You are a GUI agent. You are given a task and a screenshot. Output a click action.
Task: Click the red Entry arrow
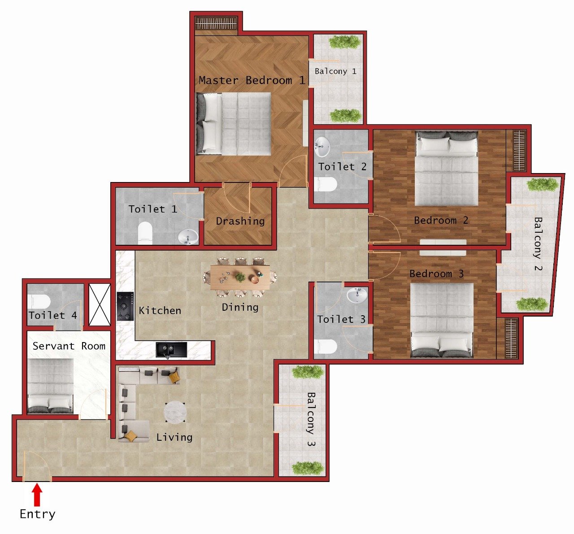coord(37,495)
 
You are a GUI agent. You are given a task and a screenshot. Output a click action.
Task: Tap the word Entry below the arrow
coord(37,514)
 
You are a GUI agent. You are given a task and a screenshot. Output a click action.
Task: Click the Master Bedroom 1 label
coord(252,81)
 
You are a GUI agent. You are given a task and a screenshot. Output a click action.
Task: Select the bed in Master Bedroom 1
coord(234,124)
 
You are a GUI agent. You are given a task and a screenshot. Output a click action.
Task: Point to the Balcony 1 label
coord(335,71)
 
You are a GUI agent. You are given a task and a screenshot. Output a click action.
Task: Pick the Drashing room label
coord(240,221)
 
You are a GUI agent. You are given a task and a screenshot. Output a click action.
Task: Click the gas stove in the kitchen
coord(126,306)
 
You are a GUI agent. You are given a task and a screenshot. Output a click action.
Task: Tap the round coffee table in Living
coord(175,412)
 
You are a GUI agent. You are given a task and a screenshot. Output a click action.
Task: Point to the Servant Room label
coord(69,346)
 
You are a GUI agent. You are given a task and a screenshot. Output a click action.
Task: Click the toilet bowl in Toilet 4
coord(39,301)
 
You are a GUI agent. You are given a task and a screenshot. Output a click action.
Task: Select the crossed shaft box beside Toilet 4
coord(100,305)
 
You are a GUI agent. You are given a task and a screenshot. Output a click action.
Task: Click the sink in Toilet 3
coord(357,295)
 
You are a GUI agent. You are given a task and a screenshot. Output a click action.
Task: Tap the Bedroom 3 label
coord(436,274)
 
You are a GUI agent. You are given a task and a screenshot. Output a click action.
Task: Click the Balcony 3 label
coord(311,419)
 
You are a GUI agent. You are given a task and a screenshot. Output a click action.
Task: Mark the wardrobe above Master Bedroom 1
coord(216,24)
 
